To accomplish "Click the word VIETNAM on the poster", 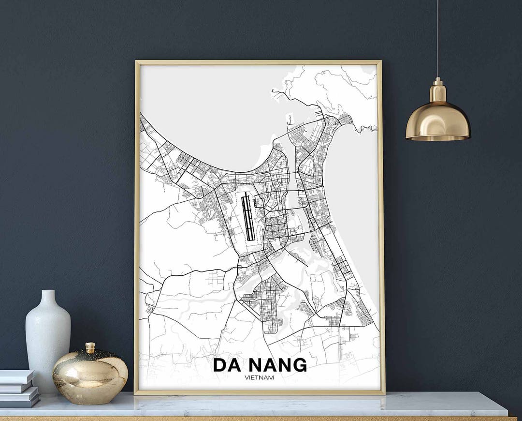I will tap(260, 377).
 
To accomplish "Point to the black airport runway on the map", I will tap(248, 216).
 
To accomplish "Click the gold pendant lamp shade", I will tap(438, 121).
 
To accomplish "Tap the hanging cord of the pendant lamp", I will tap(437, 39).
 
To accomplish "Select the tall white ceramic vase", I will tap(48, 339).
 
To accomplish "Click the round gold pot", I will tap(90, 375).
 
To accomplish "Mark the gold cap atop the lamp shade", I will tap(438, 90).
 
